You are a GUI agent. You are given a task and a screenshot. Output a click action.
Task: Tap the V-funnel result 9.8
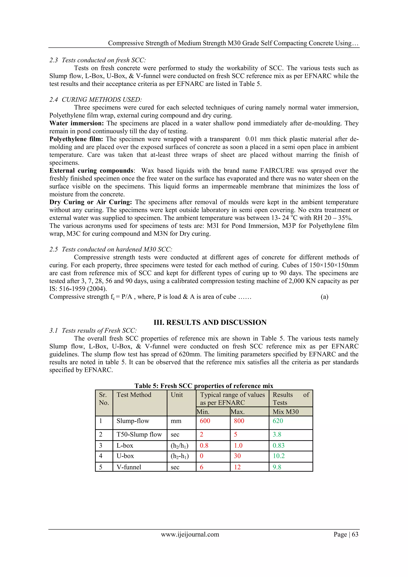coord(277,467)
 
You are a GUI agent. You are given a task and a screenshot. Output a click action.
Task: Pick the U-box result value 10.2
coord(279,456)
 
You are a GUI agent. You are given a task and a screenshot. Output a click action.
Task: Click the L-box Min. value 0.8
coord(204,445)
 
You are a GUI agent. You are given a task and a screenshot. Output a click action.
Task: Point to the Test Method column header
coord(134,395)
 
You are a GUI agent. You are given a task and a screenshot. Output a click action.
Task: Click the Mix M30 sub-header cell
coord(286,412)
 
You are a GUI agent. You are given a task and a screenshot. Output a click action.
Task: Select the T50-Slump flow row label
coord(139,434)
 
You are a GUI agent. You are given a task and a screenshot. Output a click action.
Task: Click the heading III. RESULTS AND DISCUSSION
coord(210,322)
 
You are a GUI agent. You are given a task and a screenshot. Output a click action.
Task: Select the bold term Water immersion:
coord(76,123)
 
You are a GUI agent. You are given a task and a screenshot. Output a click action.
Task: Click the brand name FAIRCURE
coord(277,170)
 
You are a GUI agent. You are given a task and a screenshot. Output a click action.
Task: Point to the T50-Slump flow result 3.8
coord(277,434)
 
